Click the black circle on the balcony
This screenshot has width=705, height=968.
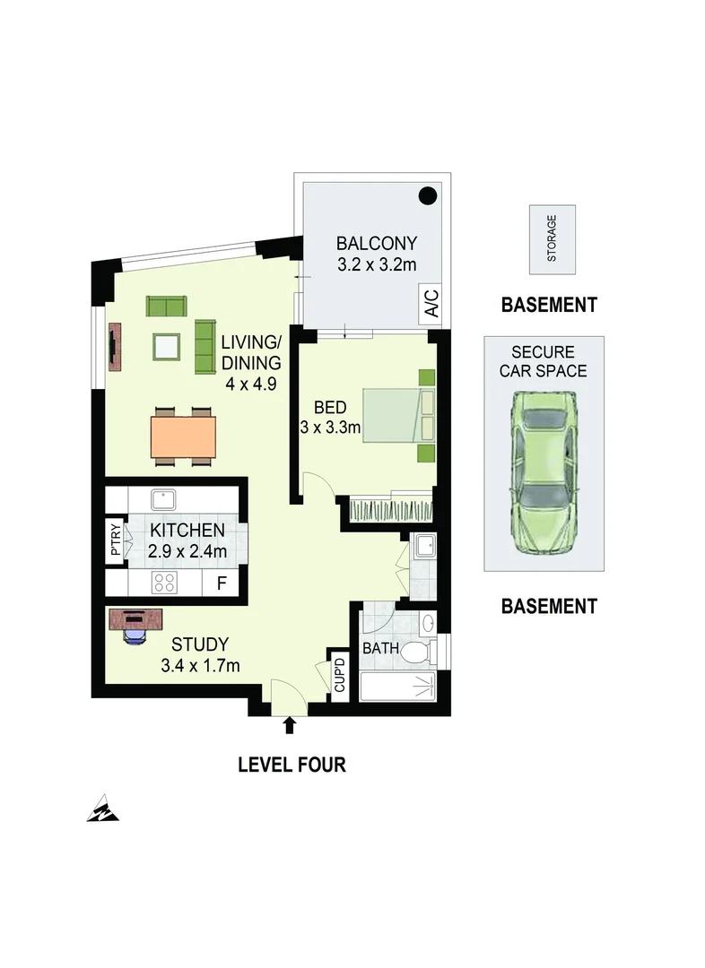tap(429, 194)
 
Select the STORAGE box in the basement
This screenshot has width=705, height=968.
tap(552, 239)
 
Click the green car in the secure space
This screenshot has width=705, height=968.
tap(544, 472)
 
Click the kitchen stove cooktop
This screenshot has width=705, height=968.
tap(164, 583)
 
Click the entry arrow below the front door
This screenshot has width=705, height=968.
tap(289, 723)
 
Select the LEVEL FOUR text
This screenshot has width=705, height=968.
tap(292, 765)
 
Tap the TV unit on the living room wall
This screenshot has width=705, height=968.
tap(115, 346)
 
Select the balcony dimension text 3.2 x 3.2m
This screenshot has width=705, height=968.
tap(377, 264)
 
